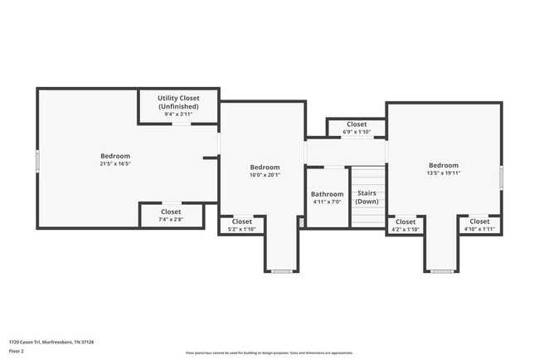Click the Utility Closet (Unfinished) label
(178, 102)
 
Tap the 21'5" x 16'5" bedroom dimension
(115, 164)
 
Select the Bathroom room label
(327, 194)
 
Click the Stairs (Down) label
(367, 197)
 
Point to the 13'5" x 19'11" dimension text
(444, 173)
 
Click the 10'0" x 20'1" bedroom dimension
(265, 175)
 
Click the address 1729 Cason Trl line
(51, 342)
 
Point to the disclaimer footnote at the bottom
(269, 353)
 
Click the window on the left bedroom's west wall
(37, 160)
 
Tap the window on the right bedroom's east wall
(501, 178)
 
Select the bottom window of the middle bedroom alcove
(282, 271)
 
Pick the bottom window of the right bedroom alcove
(442, 271)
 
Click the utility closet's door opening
(181, 124)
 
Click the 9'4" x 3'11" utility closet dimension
(178, 114)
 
